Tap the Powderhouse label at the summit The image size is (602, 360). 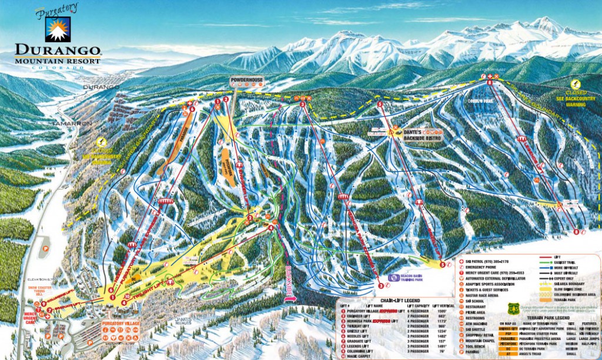click(246, 79)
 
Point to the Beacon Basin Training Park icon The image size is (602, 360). click(391, 276)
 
